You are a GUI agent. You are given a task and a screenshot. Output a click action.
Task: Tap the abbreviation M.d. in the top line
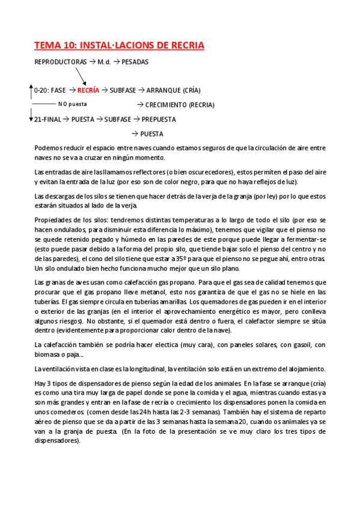point(103,61)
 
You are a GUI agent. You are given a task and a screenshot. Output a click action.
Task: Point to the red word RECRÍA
point(88,90)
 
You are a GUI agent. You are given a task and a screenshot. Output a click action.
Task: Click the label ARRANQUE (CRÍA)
point(173,90)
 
